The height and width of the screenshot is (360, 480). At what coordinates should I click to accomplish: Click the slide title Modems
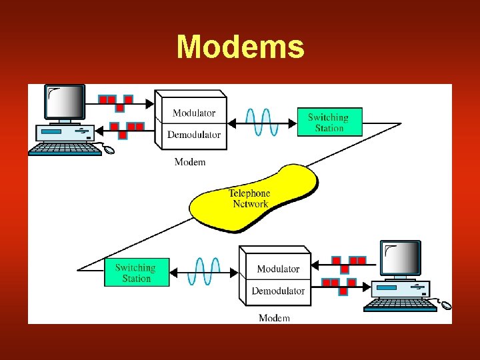(240, 47)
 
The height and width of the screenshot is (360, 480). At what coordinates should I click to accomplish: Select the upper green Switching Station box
(329, 122)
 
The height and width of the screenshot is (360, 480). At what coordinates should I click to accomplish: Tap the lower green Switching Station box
(137, 273)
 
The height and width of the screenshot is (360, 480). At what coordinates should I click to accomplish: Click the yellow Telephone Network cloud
(253, 198)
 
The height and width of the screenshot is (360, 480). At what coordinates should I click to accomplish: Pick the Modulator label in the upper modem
(194, 113)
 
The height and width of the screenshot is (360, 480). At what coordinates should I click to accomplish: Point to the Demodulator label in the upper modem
(194, 135)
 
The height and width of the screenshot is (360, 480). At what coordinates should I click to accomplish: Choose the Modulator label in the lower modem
(278, 269)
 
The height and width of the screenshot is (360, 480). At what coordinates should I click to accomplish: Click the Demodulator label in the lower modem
(278, 291)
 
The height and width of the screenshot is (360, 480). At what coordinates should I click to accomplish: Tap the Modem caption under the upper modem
(190, 162)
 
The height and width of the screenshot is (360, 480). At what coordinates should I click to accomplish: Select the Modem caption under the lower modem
(274, 318)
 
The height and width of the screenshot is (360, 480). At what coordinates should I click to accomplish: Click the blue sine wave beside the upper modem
(261, 122)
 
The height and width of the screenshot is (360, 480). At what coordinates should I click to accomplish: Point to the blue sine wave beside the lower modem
(203, 272)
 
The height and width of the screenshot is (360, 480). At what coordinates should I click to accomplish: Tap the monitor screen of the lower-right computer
(401, 258)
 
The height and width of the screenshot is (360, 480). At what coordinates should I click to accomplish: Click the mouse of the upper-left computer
(108, 150)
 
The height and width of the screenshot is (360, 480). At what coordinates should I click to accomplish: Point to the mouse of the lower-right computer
(445, 306)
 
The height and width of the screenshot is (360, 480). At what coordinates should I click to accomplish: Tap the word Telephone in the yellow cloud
(249, 193)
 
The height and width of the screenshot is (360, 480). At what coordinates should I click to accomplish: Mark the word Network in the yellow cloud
(250, 204)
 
